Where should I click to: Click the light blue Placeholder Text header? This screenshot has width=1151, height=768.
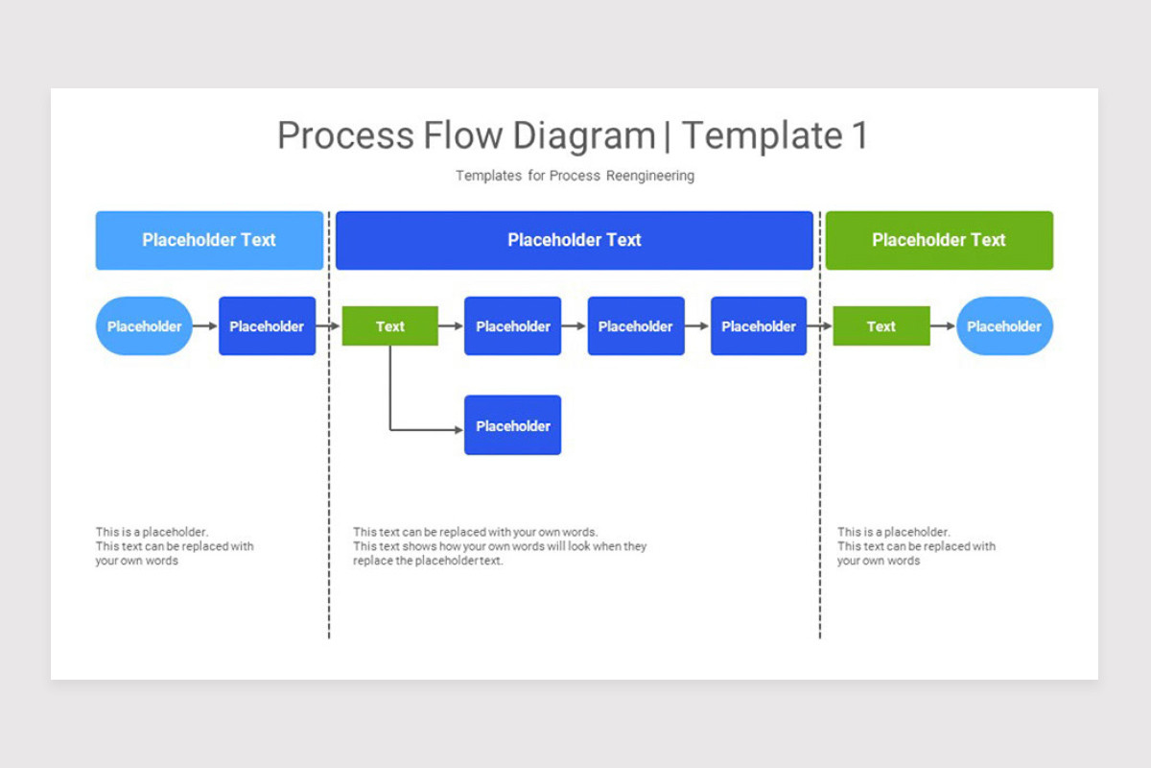[x=209, y=240]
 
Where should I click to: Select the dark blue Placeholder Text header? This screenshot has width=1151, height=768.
[x=574, y=240]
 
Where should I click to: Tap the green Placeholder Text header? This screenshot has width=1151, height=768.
[x=938, y=240]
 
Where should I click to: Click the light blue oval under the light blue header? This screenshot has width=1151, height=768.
[x=144, y=326]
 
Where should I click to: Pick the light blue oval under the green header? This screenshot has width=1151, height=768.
[x=1004, y=326]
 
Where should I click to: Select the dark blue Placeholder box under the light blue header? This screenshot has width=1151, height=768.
[x=267, y=326]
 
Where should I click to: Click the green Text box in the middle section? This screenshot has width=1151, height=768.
[x=390, y=326]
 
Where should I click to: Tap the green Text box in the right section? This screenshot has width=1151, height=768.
[x=881, y=326]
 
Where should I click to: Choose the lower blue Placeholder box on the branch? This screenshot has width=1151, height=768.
[x=512, y=425]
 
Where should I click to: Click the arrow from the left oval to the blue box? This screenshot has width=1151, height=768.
[x=205, y=326]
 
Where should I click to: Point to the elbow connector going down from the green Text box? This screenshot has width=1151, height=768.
[x=390, y=403]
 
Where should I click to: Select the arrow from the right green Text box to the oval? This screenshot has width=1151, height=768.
[x=943, y=326]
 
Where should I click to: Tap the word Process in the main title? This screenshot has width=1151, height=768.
[x=345, y=135]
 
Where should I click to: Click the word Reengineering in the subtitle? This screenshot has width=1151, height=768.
[x=649, y=176]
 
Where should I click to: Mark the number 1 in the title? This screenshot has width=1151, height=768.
[x=859, y=135]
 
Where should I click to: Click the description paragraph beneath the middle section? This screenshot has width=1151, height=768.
[x=499, y=546]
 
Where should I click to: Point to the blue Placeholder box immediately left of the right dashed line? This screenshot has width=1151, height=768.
[x=758, y=326]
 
